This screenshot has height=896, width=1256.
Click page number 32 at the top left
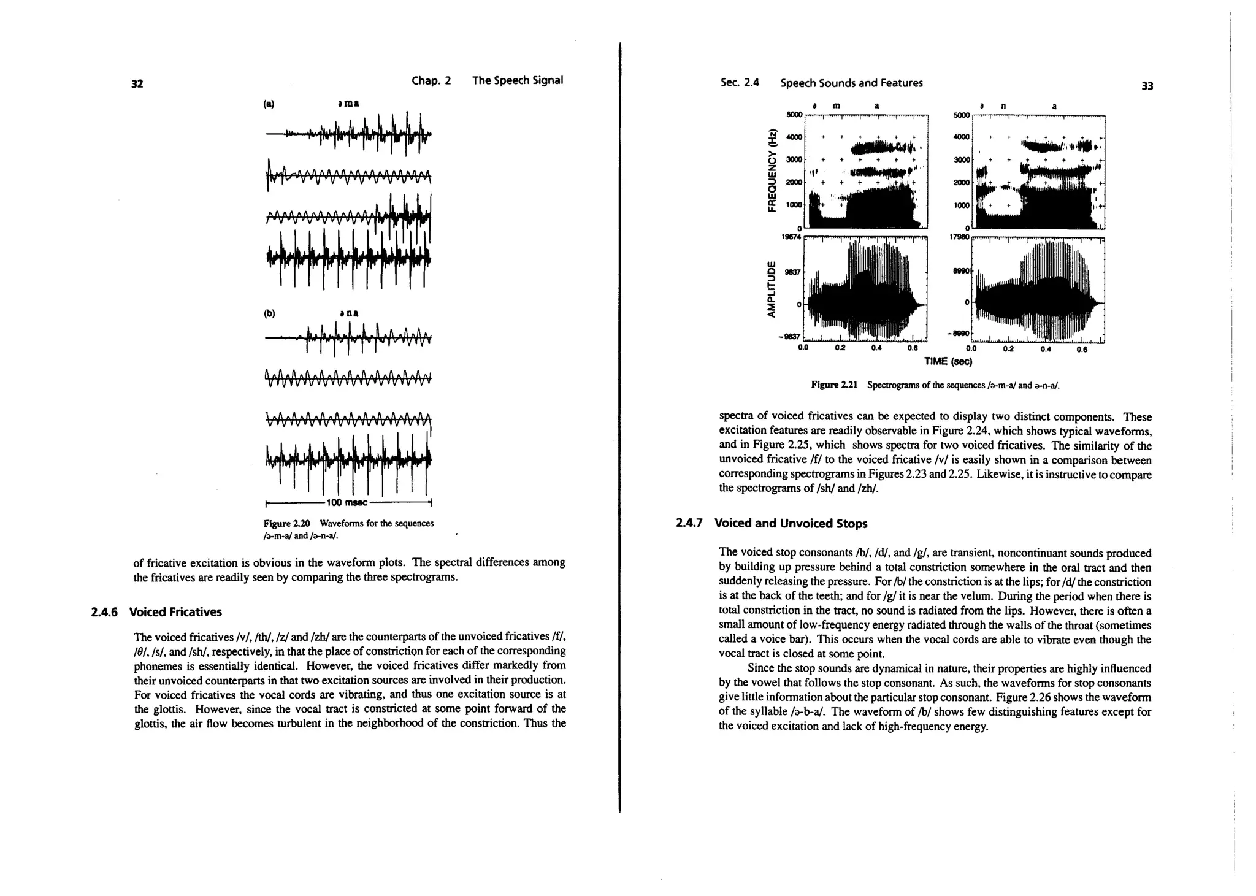[137, 84]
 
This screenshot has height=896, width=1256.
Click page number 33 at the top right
[1147, 86]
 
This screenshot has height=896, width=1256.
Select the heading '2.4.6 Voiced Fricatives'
[156, 612]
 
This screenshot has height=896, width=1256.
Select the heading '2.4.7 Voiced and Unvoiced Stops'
[772, 524]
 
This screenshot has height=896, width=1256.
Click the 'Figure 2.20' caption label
[287, 523]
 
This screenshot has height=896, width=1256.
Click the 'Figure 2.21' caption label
[834, 385]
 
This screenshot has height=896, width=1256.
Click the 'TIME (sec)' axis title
[948, 361]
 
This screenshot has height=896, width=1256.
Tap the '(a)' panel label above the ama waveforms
[269, 104]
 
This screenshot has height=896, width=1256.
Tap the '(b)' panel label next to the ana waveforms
[269, 313]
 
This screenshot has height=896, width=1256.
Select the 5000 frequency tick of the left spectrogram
[794, 115]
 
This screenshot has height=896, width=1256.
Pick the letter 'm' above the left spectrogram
[836, 105]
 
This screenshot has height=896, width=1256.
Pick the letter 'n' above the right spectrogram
[1003, 105]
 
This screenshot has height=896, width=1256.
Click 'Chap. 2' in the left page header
[431, 80]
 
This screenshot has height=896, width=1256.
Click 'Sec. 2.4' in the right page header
[740, 83]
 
